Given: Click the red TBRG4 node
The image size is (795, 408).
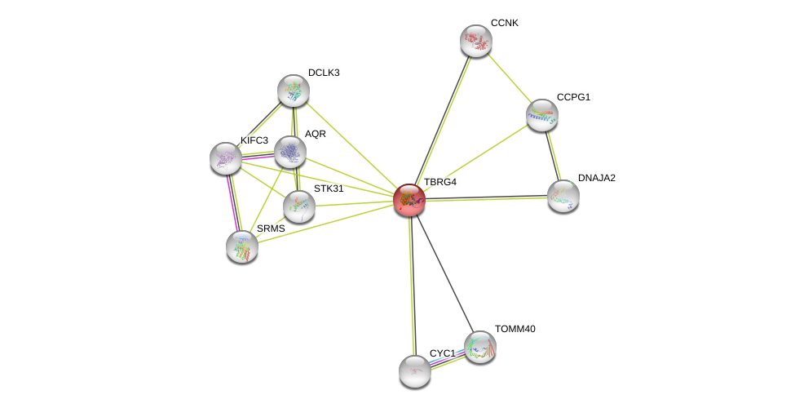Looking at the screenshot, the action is tap(409, 201).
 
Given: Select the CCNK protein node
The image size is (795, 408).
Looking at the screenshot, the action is tap(476, 41).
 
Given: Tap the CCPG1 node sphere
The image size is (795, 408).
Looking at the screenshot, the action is tap(542, 115).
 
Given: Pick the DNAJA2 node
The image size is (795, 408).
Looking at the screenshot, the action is tap(563, 197).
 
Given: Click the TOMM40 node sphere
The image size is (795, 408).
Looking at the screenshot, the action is tap(479, 348).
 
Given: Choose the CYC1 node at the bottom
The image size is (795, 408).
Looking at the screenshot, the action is tap(415, 372).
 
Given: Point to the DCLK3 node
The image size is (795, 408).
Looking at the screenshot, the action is tap(293, 91).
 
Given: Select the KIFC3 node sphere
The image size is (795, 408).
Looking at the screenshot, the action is tap(226, 158).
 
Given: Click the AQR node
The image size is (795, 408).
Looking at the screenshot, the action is tap(289, 152).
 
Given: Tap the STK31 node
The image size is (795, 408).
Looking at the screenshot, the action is tap(298, 207).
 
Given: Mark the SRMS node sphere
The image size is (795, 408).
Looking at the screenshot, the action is tap(242, 247).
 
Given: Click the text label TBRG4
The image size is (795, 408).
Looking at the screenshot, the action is tap(440, 182).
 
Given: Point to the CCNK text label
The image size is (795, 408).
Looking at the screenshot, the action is tap(505, 24).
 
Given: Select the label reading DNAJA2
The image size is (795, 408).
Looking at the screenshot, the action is tap(596, 178).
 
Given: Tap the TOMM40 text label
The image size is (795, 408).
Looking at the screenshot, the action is tap(515, 329).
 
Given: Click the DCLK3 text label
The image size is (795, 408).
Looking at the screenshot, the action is tap(324, 73).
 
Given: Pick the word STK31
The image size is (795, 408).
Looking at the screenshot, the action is tap(329, 188).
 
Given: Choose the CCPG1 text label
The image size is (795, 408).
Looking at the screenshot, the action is tap(573, 97).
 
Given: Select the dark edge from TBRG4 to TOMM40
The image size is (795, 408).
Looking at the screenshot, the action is tap(444, 274).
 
